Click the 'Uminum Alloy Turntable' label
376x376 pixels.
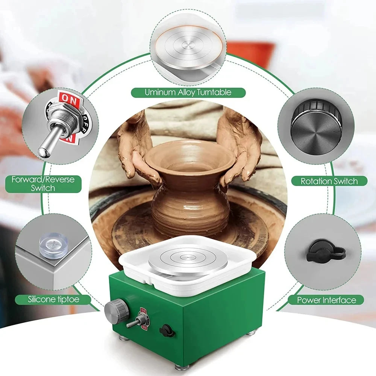pos(188,92)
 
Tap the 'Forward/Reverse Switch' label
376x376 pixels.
pos(43,184)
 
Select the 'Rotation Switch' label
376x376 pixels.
pos(329,181)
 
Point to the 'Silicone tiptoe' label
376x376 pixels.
pos(53,299)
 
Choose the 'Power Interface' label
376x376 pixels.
pos(326,300)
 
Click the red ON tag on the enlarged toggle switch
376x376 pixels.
pos(69,98)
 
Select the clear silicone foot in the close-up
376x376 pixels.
pos(53,246)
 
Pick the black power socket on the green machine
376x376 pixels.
pos(167,331)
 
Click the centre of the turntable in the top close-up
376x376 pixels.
pos(188,45)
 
